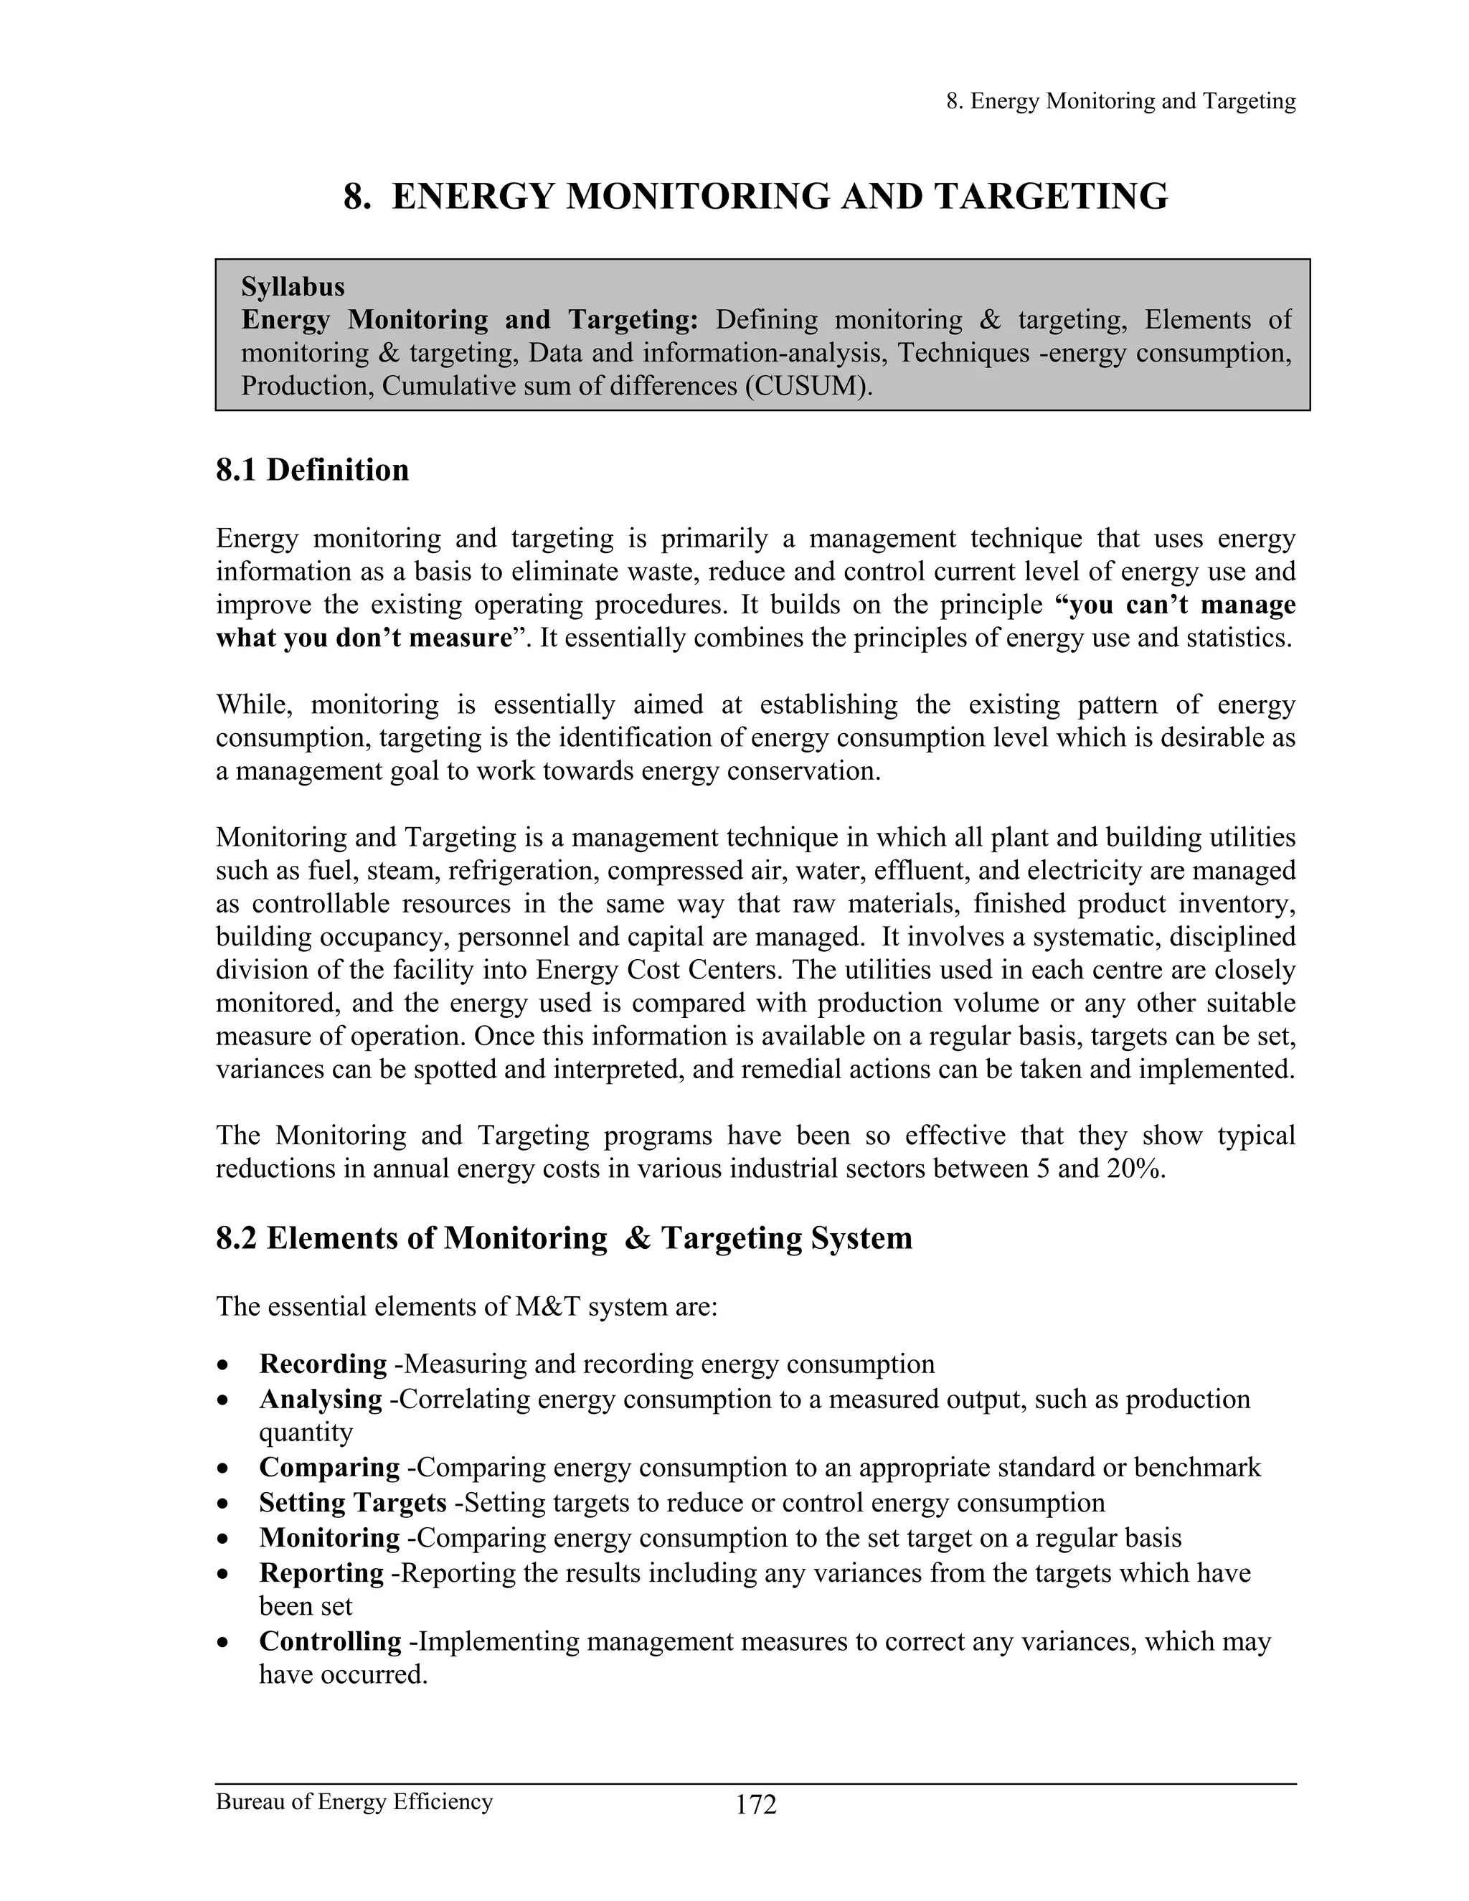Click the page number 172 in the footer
coord(755,1806)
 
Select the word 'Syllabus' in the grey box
coord(293,287)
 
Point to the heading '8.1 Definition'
coord(313,470)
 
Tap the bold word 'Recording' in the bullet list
coord(323,1364)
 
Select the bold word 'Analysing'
coord(320,1399)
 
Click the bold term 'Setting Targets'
coord(352,1502)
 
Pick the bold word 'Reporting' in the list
coord(321,1573)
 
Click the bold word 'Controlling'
coord(330,1641)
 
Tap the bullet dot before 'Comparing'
coord(225,1468)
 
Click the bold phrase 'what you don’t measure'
coord(363,638)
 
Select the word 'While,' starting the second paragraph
coord(255,704)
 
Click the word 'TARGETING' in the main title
coord(1052,197)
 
